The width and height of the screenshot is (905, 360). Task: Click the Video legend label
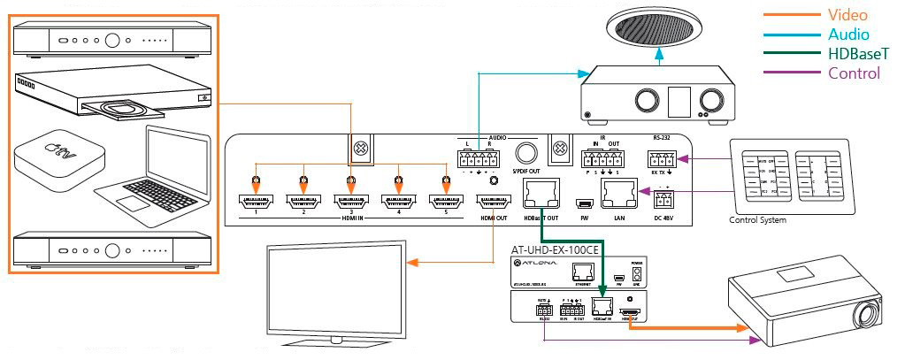(846, 15)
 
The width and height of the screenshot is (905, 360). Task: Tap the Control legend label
(854, 73)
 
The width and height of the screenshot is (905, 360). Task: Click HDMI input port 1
(255, 202)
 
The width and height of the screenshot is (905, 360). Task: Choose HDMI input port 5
(444, 202)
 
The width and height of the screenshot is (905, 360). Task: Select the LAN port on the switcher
(617, 191)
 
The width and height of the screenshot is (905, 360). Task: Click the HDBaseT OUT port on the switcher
(538, 191)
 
